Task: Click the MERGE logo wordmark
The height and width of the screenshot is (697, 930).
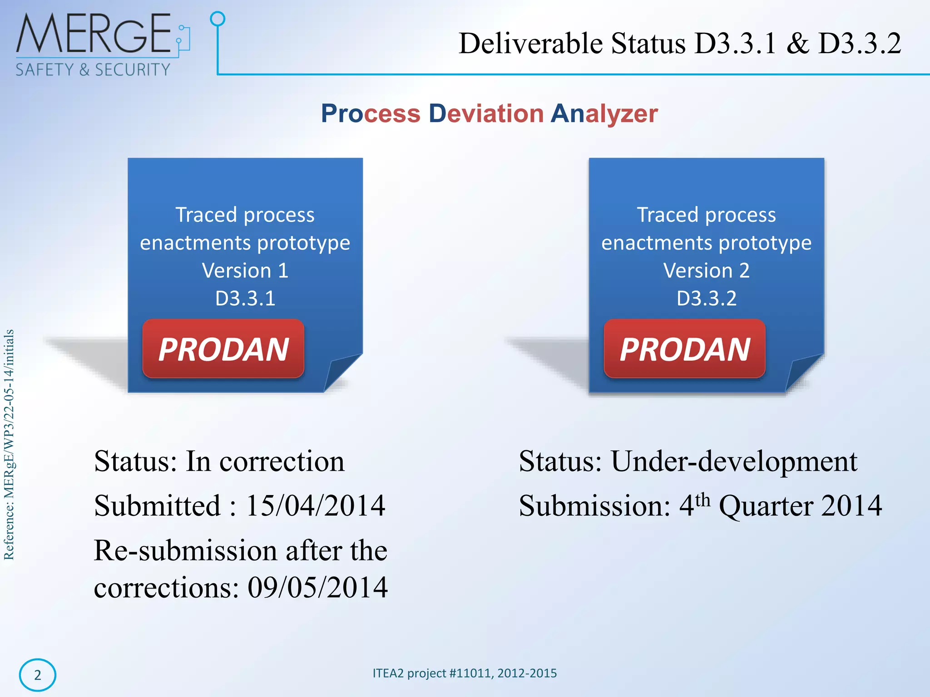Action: [x=94, y=34]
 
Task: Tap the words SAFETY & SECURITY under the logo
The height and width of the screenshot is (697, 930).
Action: [x=93, y=70]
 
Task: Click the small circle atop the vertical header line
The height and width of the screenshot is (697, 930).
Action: [x=218, y=19]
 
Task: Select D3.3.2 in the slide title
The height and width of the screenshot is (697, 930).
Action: [x=859, y=44]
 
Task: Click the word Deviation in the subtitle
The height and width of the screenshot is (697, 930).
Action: [x=486, y=113]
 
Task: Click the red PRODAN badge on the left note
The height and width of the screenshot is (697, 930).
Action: [x=223, y=349]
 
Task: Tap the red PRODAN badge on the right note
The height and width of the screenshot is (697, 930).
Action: [x=684, y=349]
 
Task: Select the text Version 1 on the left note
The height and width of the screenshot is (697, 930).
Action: [x=245, y=271]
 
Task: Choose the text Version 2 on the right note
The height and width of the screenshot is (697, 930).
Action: [x=706, y=271]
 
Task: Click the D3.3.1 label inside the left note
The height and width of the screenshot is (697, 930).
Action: [x=245, y=299]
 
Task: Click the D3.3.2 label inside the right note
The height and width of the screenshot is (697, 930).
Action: [x=706, y=299]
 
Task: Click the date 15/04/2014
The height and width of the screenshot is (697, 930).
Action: [x=315, y=506]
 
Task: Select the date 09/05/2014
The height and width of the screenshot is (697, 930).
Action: [x=317, y=588]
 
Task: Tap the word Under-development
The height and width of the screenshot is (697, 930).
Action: [x=734, y=461]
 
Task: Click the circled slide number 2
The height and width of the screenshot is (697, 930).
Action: [x=38, y=675]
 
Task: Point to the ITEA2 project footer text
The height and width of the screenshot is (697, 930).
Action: [x=465, y=673]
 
